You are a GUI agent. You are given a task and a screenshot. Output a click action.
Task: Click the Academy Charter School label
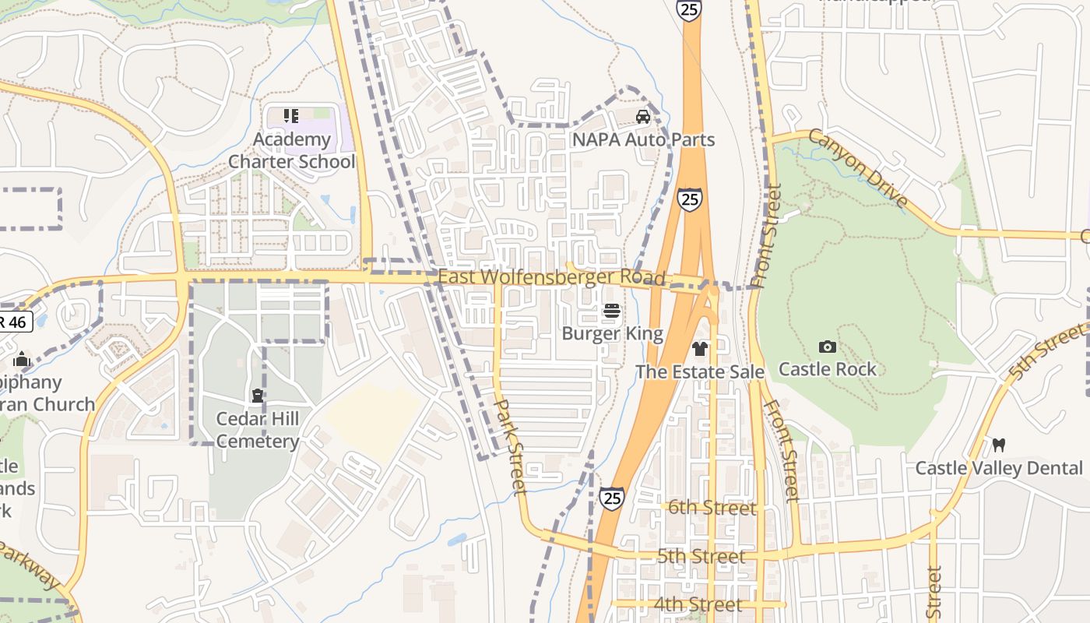[x=291, y=151]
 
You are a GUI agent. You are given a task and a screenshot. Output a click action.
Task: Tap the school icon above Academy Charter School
[x=291, y=117]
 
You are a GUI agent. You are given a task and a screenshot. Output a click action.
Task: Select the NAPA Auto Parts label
[x=643, y=140]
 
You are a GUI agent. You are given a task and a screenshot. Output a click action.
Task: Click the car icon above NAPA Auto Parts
[x=643, y=118]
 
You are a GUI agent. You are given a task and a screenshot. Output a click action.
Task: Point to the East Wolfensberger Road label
[x=551, y=278]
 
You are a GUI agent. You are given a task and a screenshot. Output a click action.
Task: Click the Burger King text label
[x=613, y=334]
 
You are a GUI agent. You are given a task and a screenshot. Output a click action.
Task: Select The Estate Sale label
[x=700, y=372]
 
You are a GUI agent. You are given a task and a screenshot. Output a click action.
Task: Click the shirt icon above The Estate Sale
[x=700, y=348]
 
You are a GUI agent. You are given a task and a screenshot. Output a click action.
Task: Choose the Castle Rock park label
[x=828, y=369]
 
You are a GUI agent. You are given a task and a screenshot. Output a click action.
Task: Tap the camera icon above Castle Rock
[x=828, y=347]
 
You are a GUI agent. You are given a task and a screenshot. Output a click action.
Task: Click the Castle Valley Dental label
[x=999, y=468]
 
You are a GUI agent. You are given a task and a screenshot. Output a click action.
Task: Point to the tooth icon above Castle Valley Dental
[x=999, y=445]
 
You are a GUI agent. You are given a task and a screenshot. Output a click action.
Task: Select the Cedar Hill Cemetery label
[x=258, y=430]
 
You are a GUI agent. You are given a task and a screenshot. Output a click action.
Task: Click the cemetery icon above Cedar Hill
[x=257, y=396]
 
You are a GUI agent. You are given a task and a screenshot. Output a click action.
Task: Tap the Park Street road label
[x=512, y=447]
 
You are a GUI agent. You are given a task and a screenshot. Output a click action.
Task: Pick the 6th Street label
[x=712, y=509]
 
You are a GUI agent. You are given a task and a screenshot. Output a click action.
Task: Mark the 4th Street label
[x=698, y=604]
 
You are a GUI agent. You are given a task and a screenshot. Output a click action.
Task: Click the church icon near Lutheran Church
[x=22, y=359]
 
